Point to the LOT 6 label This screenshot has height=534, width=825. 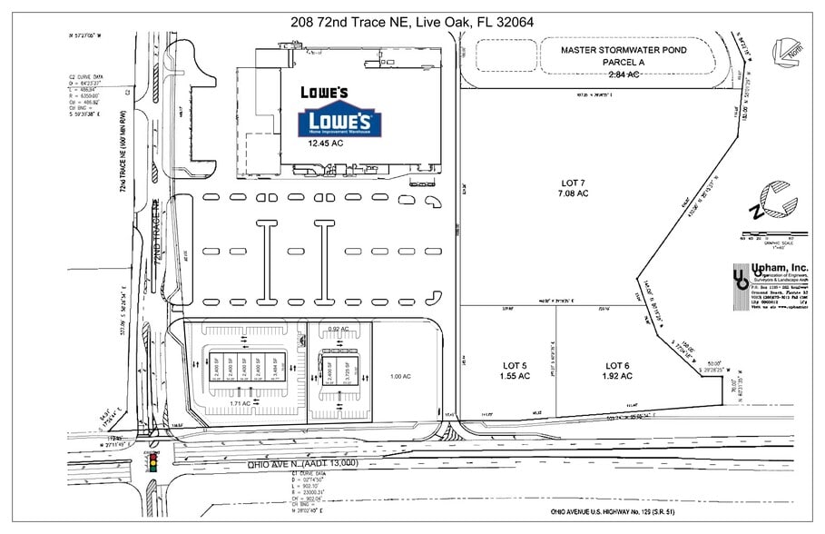coord(617,371)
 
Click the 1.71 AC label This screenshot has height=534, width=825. coord(241,401)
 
